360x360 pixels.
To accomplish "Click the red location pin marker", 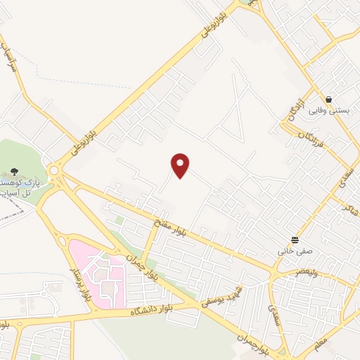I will [x=181, y=165].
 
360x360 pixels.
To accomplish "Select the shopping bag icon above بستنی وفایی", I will [x=328, y=99].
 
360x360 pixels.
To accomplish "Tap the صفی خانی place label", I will [x=295, y=250].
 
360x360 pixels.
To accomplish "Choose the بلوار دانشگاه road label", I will [x=155, y=310].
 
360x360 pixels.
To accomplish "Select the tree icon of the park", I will [x=14, y=171].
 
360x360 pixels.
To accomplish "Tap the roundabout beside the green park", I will [x=55, y=170].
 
